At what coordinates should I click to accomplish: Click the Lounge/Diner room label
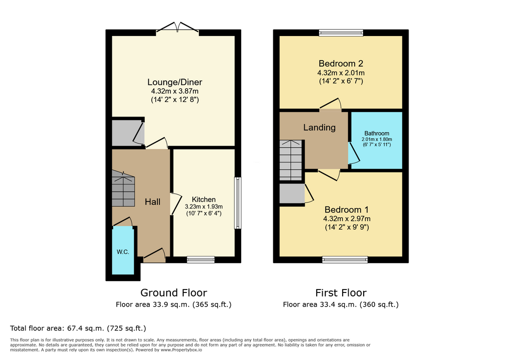[x=175, y=82]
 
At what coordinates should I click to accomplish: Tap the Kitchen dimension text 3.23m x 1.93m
[x=204, y=206]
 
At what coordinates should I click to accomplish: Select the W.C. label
[x=123, y=252]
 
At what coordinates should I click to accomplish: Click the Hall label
[x=152, y=202]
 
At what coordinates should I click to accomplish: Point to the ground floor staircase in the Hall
[x=123, y=188]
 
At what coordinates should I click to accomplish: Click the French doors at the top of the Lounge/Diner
[x=177, y=27]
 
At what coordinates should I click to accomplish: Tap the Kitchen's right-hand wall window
[x=238, y=203]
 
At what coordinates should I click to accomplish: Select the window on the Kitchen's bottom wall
[x=201, y=259]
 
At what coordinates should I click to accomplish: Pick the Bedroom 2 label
[x=341, y=63]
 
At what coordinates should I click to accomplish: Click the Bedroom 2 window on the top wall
[x=341, y=32]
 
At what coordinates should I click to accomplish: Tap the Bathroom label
[x=377, y=133]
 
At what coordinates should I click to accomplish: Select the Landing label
[x=319, y=127]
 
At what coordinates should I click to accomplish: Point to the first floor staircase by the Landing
[x=291, y=160]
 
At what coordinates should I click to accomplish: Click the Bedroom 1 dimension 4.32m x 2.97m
[x=347, y=218]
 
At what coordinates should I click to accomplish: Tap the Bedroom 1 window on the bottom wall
[x=345, y=259]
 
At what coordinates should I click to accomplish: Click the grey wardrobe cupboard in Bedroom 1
[x=292, y=193]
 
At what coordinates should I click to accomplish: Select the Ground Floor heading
[x=174, y=292]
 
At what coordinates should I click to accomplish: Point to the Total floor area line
[x=78, y=328]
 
